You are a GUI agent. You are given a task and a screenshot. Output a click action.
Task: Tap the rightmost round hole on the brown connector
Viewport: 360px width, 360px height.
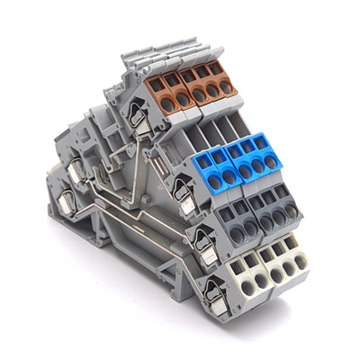[228, 87]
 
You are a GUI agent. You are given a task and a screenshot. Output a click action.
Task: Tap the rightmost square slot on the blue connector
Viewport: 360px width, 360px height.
[262, 142]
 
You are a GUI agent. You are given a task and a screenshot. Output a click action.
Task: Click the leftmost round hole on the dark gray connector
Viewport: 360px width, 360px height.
[237, 232]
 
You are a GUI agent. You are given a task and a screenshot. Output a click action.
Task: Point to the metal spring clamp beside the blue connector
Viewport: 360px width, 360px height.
[184, 192]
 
